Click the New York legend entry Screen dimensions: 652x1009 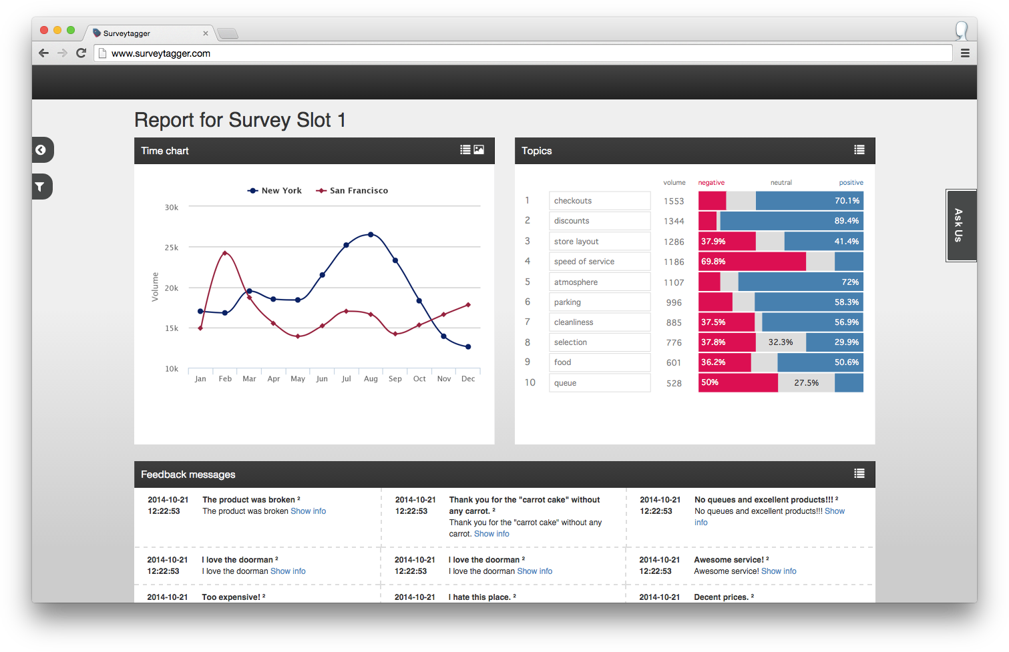pyautogui.click(x=274, y=191)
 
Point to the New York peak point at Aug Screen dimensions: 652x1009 pyautogui.click(x=371, y=234)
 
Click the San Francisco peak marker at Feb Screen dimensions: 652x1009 pyautogui.click(x=225, y=253)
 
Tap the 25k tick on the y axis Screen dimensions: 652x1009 pyautogui.click(x=172, y=248)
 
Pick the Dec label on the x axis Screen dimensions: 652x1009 pyautogui.click(x=468, y=379)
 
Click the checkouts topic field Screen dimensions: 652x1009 pyautogui.click(x=599, y=201)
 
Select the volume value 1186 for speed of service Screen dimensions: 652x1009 pyautogui.click(x=674, y=262)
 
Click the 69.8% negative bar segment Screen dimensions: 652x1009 pyautogui.click(x=751, y=262)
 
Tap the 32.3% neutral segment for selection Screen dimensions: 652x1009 pyautogui.click(x=781, y=342)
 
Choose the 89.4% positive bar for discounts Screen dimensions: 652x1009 pyautogui.click(x=791, y=221)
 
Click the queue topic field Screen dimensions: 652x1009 pyautogui.click(x=599, y=383)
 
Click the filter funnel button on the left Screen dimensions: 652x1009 pyautogui.click(x=41, y=187)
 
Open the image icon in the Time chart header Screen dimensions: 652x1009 pyautogui.click(x=479, y=150)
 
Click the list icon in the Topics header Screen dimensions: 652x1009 pyautogui.click(x=859, y=150)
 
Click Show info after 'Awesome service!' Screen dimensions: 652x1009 pyautogui.click(x=779, y=571)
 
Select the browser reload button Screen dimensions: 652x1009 pyautogui.click(x=81, y=53)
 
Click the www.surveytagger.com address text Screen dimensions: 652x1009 pyautogui.click(x=161, y=53)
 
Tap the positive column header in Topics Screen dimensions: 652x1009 pyautogui.click(x=851, y=183)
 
